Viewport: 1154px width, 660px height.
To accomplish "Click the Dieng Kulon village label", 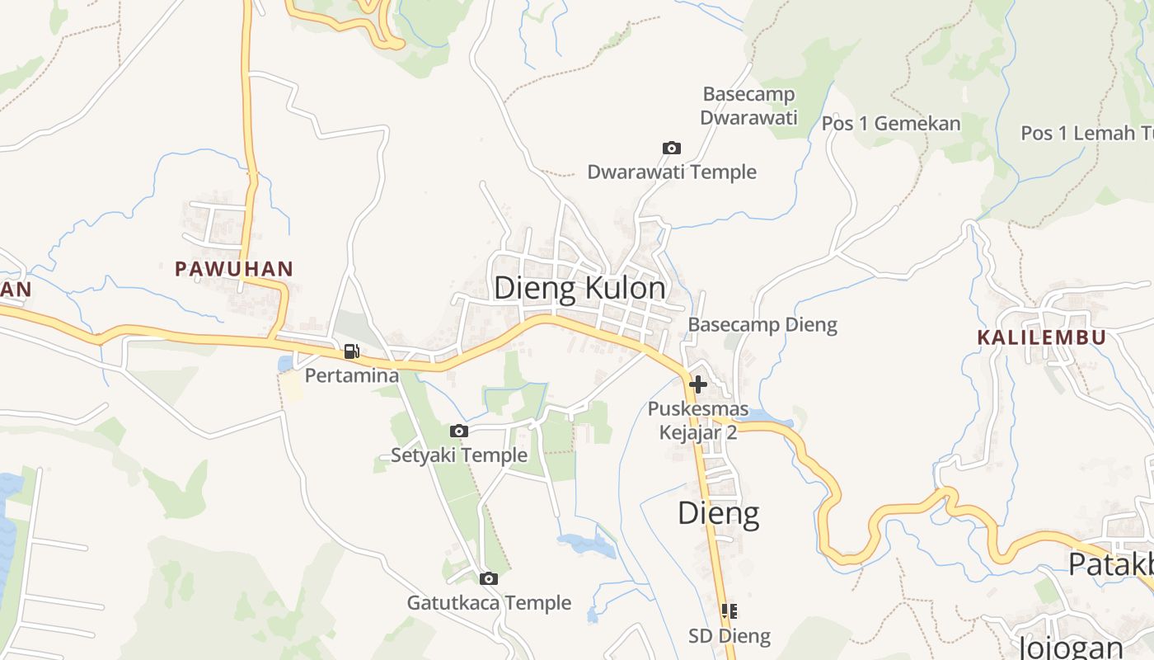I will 579,288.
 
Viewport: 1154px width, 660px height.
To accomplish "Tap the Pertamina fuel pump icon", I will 352,351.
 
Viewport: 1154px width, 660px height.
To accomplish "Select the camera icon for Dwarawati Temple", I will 672,148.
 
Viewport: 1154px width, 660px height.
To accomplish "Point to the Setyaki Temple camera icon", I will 459,431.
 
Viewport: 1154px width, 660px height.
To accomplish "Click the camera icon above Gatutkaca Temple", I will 489,578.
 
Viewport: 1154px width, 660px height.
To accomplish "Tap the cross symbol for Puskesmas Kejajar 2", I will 698,384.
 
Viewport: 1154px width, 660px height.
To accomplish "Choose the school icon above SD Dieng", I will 729,611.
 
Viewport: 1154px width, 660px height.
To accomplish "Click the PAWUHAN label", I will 234,268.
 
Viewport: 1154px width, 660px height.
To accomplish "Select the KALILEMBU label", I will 1041,337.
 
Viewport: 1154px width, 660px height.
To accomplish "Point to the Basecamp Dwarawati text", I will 749,106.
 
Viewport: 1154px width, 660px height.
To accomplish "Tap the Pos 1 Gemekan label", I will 891,124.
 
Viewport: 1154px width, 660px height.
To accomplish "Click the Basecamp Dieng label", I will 762,325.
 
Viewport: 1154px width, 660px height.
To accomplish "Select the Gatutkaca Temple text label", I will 489,603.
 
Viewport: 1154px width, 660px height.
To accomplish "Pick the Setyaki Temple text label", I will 459,455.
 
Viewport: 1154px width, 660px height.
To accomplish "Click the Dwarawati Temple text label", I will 672,172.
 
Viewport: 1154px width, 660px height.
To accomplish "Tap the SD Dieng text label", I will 729,636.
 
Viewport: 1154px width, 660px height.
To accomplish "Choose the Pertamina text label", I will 352,376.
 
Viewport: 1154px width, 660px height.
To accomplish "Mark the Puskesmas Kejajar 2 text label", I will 698,421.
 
